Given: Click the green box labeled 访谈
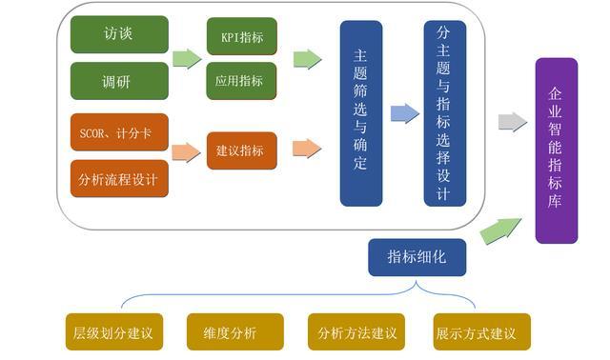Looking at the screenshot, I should coord(119,34).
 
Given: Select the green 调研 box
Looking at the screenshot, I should coord(119,81).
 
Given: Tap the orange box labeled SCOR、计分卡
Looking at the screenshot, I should coord(119,132).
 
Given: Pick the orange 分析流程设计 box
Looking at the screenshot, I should coord(119,178).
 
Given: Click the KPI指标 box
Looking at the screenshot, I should coord(241,36).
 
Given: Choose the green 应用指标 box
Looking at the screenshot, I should coord(241,81).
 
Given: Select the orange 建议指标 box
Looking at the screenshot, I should coord(241,150).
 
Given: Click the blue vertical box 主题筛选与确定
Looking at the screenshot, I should coord(360,113).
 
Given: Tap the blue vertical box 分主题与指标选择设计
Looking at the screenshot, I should coord(444,113).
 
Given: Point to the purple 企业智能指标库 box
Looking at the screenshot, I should coord(556,150).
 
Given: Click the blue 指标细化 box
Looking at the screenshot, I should coord(417,257).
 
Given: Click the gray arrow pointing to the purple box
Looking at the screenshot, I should coord(512,122).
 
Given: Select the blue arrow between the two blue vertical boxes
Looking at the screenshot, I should coord(404,113).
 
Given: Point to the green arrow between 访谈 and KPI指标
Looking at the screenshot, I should coord(187,58).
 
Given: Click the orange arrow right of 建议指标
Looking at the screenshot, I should coord(306,148).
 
